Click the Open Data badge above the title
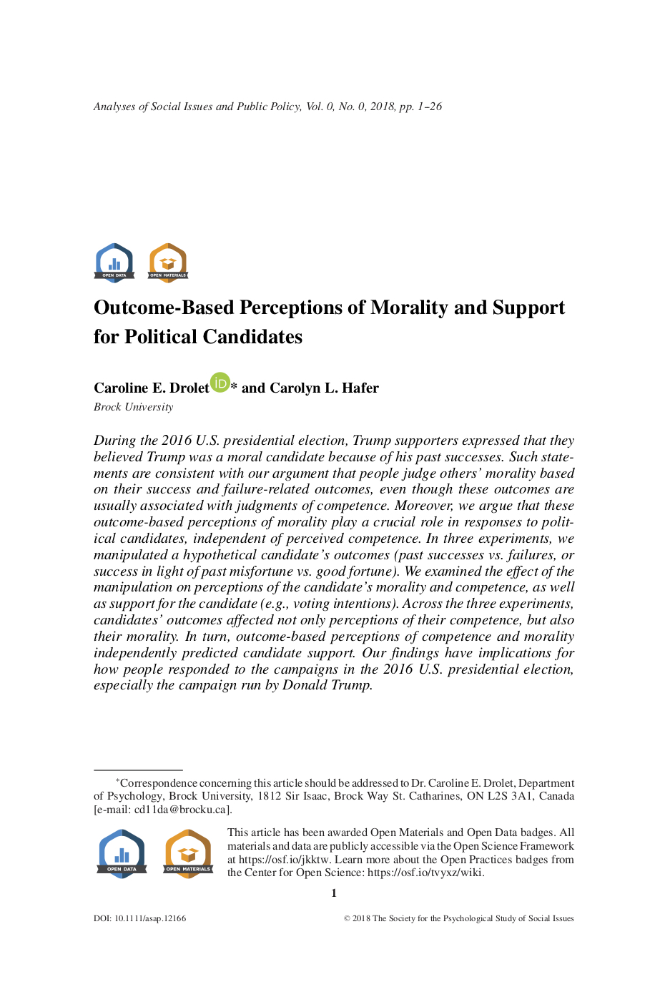114,262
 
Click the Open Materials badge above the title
168,262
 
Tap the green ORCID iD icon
220,383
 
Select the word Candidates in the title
249,337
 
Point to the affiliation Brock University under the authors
134,407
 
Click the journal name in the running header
197,107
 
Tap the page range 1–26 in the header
430,107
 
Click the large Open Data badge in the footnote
122,853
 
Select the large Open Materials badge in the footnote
189,853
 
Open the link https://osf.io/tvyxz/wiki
425,873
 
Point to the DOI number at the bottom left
149,918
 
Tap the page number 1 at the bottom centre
334,893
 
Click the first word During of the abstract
115,441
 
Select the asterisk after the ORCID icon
234,386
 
